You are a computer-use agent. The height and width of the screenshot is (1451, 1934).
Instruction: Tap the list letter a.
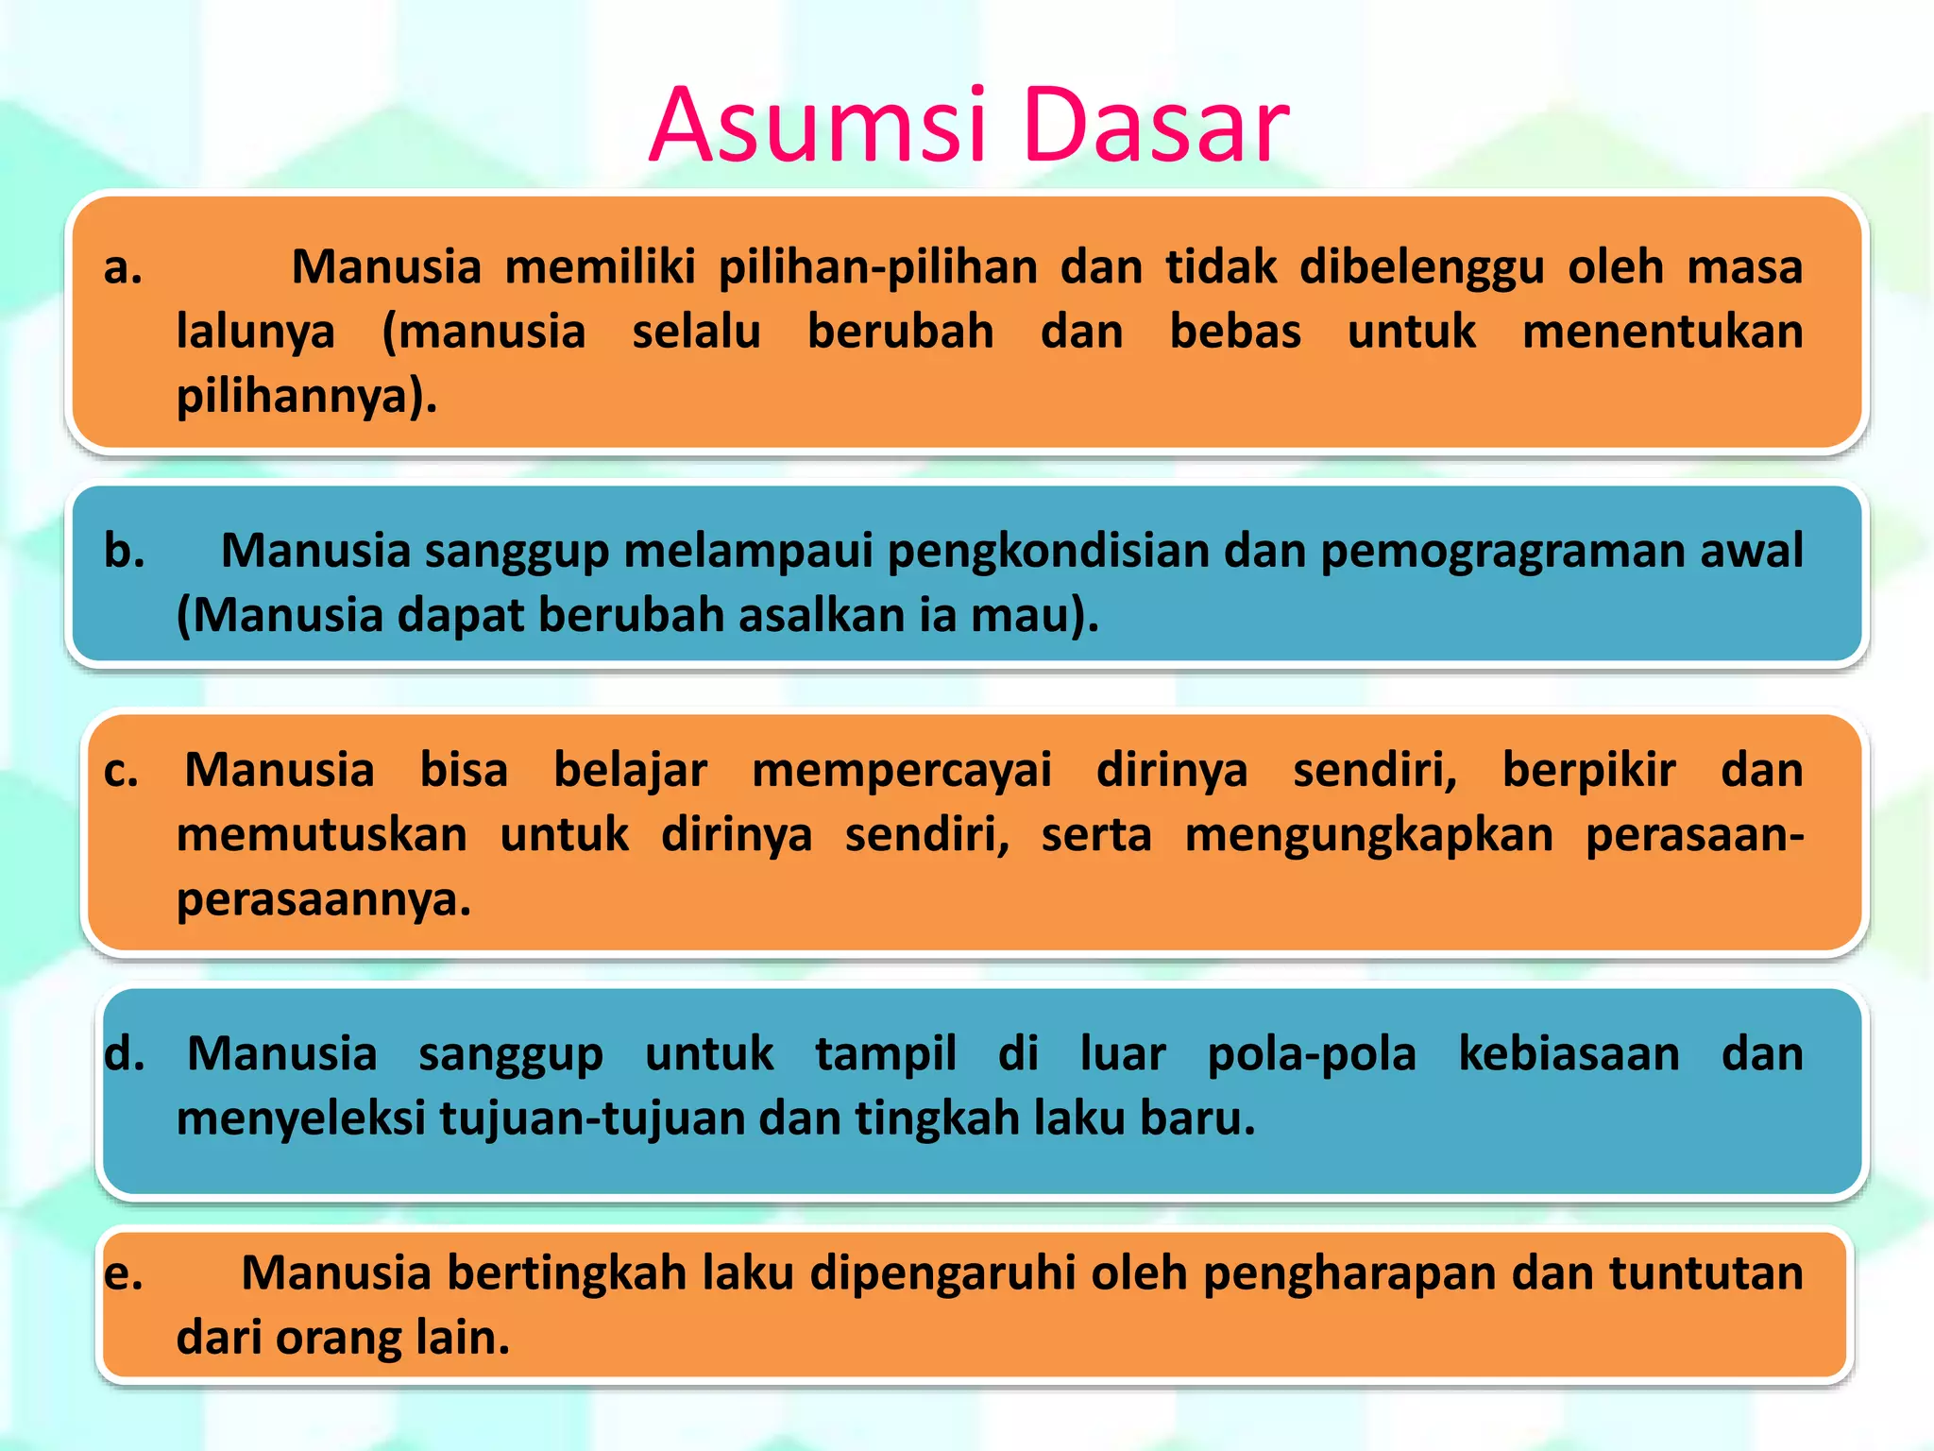pyautogui.click(x=123, y=267)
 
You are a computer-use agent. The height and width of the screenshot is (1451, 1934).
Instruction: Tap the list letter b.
pyautogui.click(x=125, y=551)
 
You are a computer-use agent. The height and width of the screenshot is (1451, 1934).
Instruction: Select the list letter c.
pyautogui.click(x=121, y=771)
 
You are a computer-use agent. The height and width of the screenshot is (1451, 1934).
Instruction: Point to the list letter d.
pyautogui.click(x=125, y=1054)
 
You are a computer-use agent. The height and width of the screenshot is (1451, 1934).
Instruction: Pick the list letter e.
pyautogui.click(x=124, y=1274)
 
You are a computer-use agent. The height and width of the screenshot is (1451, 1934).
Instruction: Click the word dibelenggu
pyautogui.click(x=1421, y=267)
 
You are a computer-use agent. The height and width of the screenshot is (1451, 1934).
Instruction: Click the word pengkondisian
pyautogui.click(x=1048, y=551)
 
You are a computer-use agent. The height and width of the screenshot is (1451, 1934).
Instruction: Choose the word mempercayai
pyautogui.click(x=901, y=771)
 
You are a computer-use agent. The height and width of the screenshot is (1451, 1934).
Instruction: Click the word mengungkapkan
pyautogui.click(x=1368, y=836)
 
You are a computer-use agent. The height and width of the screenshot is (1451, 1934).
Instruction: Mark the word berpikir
pyautogui.click(x=1588, y=771)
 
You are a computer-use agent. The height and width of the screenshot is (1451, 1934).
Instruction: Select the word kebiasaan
pyautogui.click(x=1569, y=1054)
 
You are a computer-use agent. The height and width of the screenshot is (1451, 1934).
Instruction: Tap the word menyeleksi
pyautogui.click(x=301, y=1119)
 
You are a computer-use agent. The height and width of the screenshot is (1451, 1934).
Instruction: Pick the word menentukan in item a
pyautogui.click(x=1662, y=333)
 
